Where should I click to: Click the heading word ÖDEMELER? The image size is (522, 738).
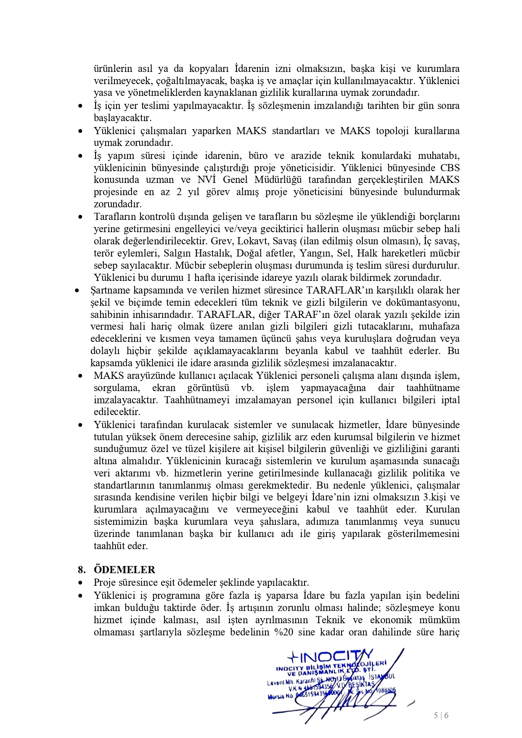125,570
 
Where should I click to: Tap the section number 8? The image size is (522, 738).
82,570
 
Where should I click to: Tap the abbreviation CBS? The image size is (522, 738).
450,168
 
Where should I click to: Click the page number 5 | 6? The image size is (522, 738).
441,715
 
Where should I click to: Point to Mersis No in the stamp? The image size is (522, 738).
280,696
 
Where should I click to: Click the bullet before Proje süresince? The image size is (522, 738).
80,583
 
